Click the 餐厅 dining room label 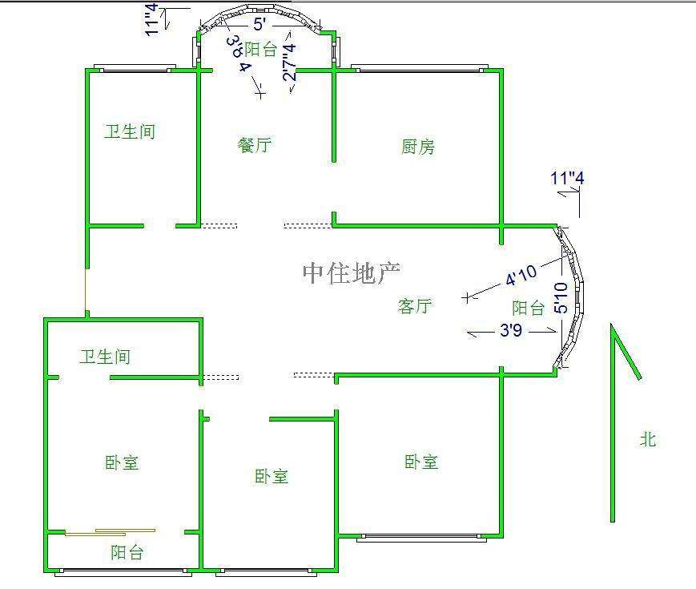point(255,145)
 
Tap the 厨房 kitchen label point(418,147)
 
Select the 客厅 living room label point(415,306)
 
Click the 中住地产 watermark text point(351,273)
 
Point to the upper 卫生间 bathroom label point(130,131)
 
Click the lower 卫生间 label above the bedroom point(105,357)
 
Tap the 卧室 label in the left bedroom point(122,462)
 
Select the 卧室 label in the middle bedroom point(272,476)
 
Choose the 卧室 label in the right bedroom point(421,462)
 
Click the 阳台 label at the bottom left point(127,552)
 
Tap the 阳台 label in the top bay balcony point(260,50)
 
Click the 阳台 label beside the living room point(529,308)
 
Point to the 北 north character point(647,439)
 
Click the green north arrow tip point(613,326)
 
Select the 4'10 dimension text point(521,275)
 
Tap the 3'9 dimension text point(511,329)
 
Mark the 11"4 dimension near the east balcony point(567,178)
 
